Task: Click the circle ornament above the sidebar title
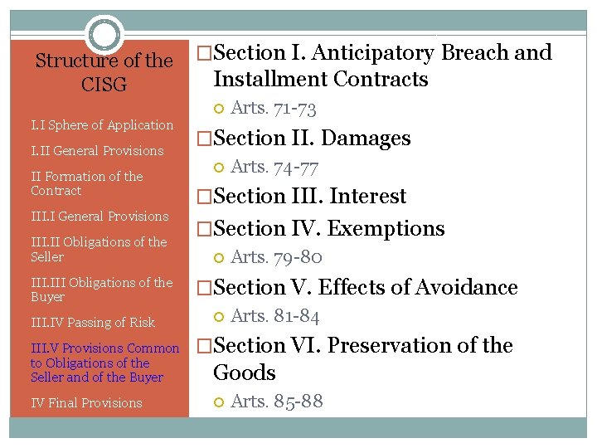(x=105, y=35)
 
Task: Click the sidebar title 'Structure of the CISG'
(x=104, y=72)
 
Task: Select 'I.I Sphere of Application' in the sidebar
(x=102, y=125)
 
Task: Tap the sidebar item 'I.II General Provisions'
(x=97, y=151)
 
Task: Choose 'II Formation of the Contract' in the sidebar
(x=87, y=183)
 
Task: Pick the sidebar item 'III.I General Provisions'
(x=99, y=217)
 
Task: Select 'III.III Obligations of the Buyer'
(x=101, y=290)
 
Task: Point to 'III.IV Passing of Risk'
(x=93, y=323)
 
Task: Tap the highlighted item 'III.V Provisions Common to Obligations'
(x=104, y=363)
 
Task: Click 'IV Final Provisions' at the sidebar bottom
(x=86, y=403)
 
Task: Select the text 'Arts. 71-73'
(x=274, y=108)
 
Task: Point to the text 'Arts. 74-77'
(x=274, y=167)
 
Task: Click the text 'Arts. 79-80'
(x=275, y=258)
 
